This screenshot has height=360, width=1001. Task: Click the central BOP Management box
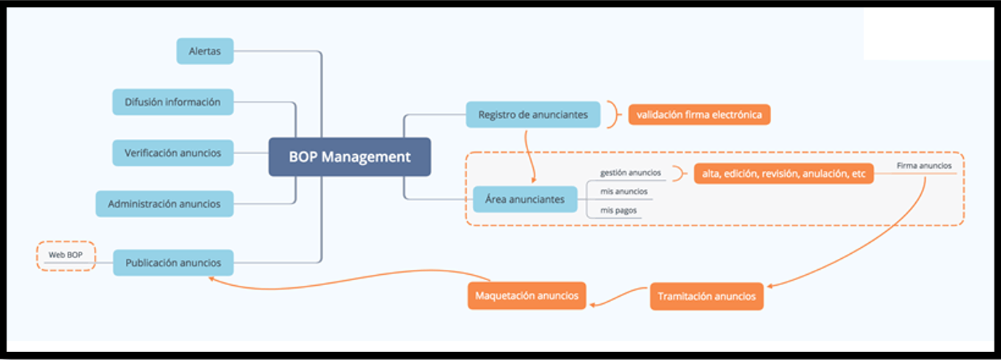tap(349, 157)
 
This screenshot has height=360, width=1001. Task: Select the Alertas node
tap(205, 52)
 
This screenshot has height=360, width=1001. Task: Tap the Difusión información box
tap(172, 102)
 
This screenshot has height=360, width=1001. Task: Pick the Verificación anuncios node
tap(172, 153)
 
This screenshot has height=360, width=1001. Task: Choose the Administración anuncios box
tap(164, 204)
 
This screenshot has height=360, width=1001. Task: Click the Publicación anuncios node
tap(172, 263)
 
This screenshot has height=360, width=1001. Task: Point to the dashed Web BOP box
tap(66, 255)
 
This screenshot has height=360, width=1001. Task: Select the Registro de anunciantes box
tap(533, 114)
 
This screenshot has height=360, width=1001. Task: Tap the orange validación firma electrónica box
tap(698, 114)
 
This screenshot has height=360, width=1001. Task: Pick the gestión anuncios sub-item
tap(630, 173)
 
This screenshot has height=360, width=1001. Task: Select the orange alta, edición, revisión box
tap(783, 173)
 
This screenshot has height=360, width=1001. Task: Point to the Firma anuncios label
tap(924, 166)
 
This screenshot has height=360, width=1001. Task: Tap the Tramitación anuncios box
tap(706, 296)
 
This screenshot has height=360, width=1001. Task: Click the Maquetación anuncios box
tap(527, 295)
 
